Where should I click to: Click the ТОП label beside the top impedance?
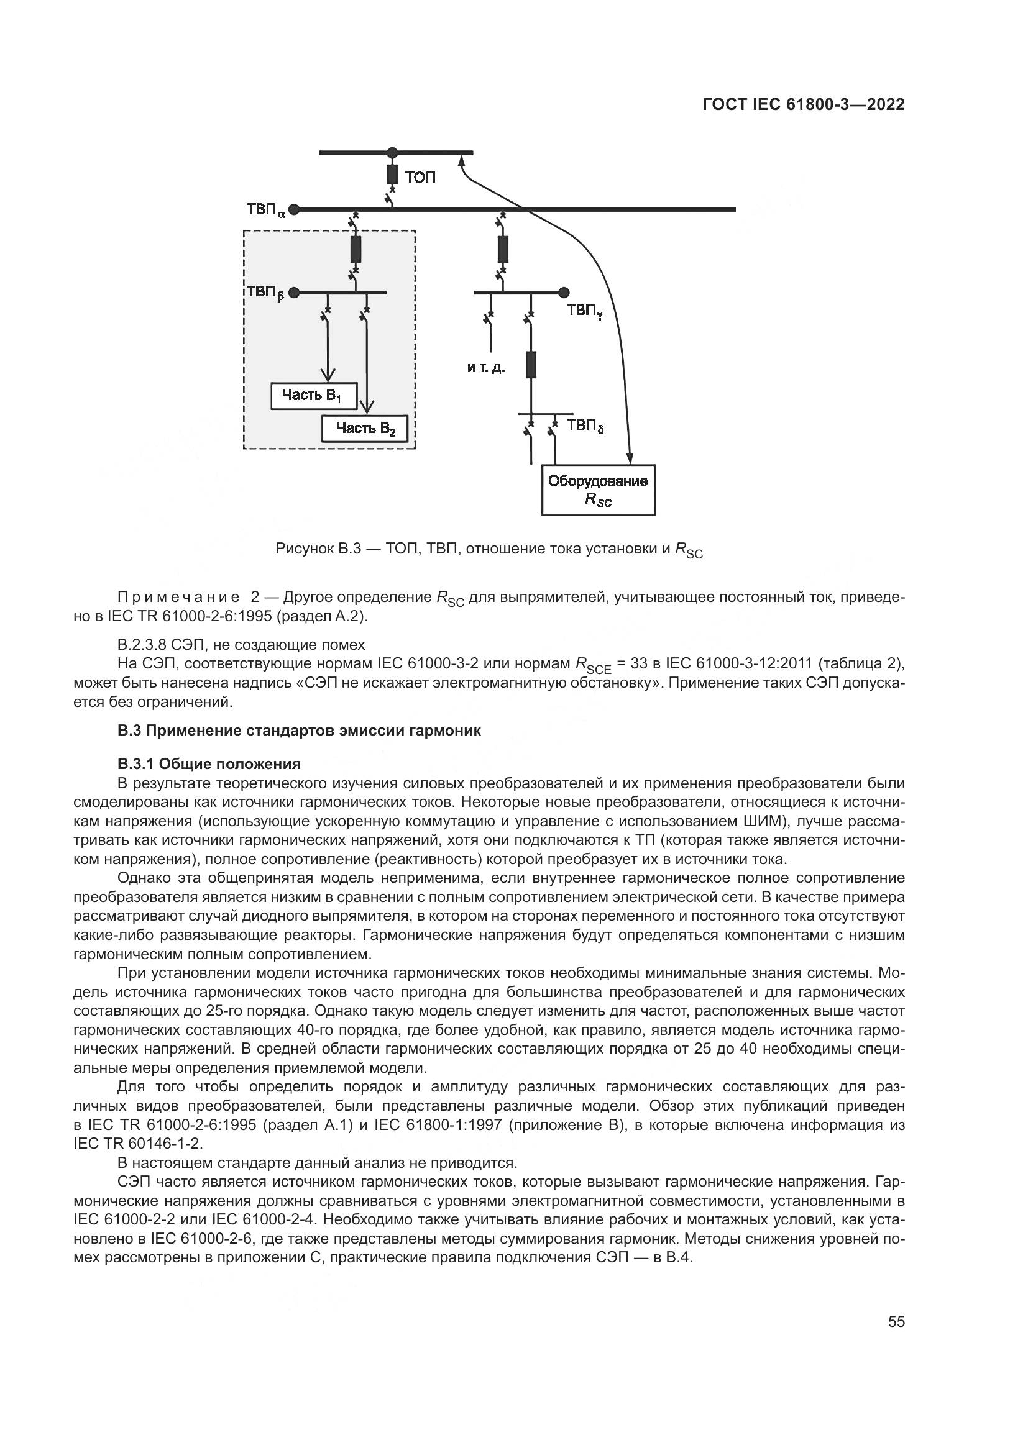(x=420, y=178)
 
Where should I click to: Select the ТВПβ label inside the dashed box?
(x=265, y=293)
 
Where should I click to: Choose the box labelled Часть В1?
(x=314, y=396)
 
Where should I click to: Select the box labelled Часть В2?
(x=365, y=429)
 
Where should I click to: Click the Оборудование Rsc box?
(x=598, y=491)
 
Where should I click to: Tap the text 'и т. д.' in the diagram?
(x=486, y=368)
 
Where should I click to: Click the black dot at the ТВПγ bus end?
(x=564, y=293)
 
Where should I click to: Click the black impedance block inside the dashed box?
(x=356, y=248)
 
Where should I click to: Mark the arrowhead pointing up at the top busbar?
(x=462, y=163)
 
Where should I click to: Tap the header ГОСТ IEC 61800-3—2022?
(x=803, y=105)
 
